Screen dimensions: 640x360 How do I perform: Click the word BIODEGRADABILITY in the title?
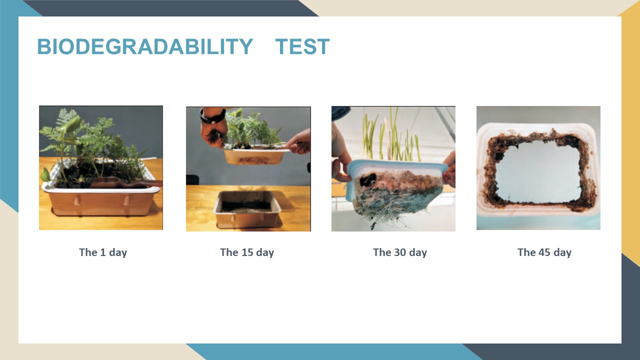145,46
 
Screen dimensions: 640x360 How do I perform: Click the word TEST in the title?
302,46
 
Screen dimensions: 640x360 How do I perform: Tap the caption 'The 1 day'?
103,252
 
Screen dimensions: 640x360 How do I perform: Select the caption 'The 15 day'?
247,252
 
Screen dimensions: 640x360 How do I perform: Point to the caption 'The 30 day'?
400,252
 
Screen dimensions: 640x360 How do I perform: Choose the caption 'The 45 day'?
544,252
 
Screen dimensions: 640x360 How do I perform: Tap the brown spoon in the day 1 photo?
125,182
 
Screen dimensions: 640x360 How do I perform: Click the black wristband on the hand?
212,116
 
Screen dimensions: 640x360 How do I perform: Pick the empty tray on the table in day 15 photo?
247,209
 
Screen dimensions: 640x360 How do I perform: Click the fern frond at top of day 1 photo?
66,116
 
